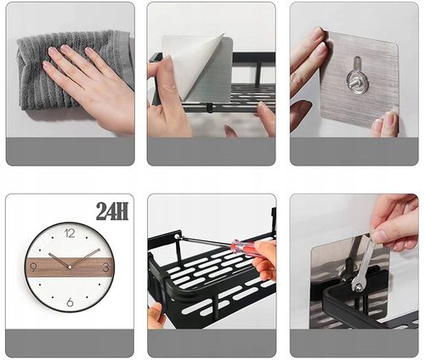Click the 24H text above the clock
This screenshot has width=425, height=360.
pyautogui.click(x=112, y=211)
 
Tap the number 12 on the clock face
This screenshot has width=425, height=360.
pyautogui.click(x=70, y=233)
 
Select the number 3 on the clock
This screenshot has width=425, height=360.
pyautogui.click(x=105, y=267)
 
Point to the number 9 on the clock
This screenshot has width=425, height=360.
pyautogui.click(x=33, y=267)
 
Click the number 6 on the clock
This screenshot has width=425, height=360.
pyautogui.click(x=70, y=302)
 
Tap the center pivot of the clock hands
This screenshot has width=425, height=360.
pyautogui.click(x=70, y=267)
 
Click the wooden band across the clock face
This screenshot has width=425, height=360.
pyautogui.click(x=70, y=267)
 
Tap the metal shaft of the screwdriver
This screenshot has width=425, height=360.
pyautogui.click(x=207, y=240)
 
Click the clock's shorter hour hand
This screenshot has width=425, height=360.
pyautogui.click(x=59, y=260)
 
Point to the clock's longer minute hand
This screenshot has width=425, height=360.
pyautogui.click(x=85, y=258)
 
